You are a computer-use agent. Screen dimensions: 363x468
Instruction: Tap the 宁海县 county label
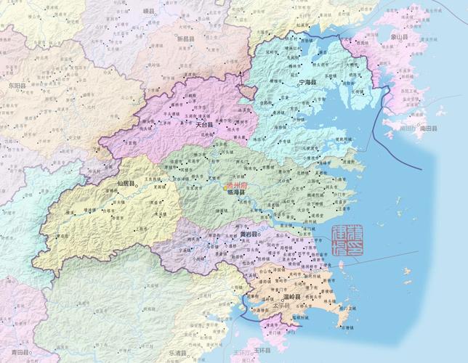(309, 83)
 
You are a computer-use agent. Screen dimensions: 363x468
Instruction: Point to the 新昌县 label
(186, 37)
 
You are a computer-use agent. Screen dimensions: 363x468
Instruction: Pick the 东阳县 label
(16, 86)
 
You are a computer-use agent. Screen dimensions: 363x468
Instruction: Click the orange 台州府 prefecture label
(237, 186)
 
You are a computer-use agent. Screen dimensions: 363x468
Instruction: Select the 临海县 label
(238, 193)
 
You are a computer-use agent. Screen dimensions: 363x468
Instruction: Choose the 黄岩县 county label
(249, 236)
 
